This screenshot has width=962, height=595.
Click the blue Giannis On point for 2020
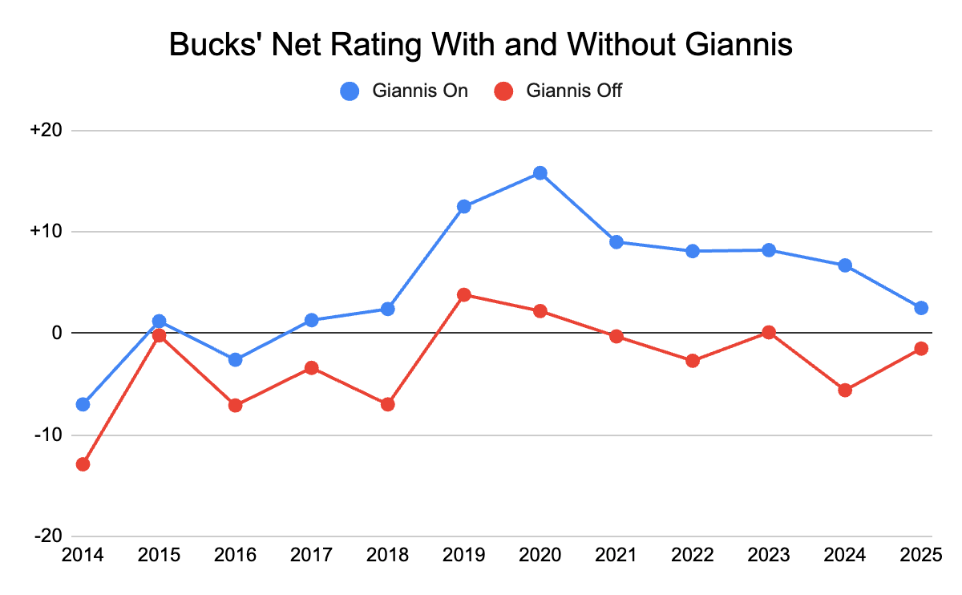[540, 173]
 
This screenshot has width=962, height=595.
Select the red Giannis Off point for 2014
[83, 464]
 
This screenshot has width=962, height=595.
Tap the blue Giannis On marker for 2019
[463, 206]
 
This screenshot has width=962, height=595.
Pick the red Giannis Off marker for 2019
[463, 294]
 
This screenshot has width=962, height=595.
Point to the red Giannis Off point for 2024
[844, 391]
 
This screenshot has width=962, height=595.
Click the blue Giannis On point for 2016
[235, 359]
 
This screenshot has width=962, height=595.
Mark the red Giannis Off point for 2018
[387, 404]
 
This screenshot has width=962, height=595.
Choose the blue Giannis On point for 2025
[921, 308]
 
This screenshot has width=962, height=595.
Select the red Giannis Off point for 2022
[692, 361]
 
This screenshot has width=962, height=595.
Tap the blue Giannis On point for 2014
[83, 404]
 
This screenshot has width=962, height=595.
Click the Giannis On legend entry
[405, 91]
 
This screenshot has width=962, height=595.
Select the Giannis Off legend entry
[559, 91]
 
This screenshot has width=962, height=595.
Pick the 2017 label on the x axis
[311, 554]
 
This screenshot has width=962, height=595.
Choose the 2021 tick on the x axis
[616, 554]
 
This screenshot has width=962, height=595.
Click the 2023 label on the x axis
[768, 554]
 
